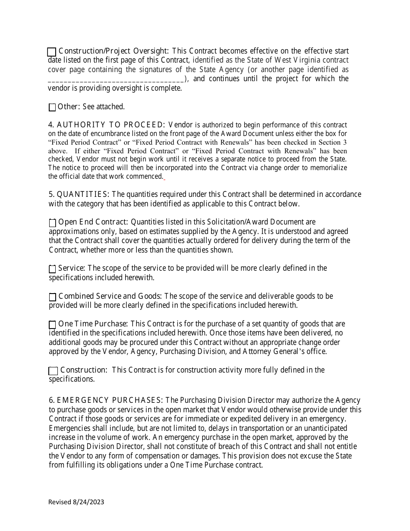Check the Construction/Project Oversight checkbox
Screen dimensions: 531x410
point(51,52)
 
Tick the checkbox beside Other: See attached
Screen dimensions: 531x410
point(52,107)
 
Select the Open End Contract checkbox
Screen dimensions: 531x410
point(52,223)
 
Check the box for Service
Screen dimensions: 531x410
point(52,269)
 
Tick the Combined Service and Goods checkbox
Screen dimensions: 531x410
point(52,297)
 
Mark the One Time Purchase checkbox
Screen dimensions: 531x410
point(52,325)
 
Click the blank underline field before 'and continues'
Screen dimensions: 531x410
point(116,79)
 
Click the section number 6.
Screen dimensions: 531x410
point(51,400)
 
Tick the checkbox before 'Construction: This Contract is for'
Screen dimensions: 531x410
point(53,371)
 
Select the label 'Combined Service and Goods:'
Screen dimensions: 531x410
point(110,296)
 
